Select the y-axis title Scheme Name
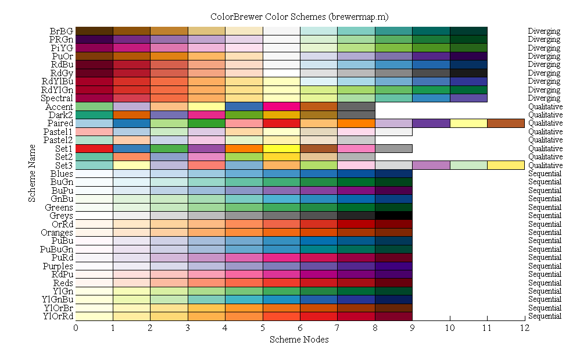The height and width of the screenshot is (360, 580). point(33,174)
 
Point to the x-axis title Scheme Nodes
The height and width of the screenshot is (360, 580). point(299,339)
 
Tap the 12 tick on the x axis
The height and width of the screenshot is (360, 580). point(525,328)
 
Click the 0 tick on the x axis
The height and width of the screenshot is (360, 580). point(76,328)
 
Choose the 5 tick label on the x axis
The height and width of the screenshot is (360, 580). point(263,328)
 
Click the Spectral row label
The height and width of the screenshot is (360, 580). point(57,98)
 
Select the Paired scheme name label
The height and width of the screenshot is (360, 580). point(60,123)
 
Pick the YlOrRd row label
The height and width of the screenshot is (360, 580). point(58,316)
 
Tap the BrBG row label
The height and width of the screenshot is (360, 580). point(62,31)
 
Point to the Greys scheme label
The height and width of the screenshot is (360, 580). point(61,216)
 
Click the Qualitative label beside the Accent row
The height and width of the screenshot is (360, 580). point(545,106)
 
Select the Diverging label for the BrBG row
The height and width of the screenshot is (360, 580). point(544,31)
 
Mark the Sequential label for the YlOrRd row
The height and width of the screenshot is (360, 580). point(545,316)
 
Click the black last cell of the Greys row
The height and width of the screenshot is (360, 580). point(393,216)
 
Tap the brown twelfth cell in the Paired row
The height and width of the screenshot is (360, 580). point(506,123)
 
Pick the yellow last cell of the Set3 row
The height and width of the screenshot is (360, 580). point(506,165)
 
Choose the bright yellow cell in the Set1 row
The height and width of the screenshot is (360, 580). point(281,148)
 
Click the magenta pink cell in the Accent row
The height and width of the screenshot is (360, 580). point(281,106)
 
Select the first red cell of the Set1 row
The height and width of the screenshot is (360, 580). point(94,148)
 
